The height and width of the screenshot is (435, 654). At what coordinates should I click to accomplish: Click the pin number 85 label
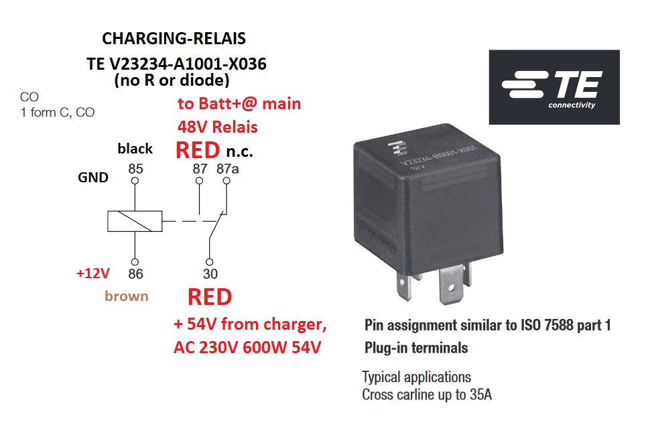tap(135, 168)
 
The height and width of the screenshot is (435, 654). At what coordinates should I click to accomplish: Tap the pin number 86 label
tap(135, 273)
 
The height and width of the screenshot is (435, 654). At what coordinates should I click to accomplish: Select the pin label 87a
tap(227, 168)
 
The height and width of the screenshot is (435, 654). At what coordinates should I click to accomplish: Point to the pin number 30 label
tap(210, 273)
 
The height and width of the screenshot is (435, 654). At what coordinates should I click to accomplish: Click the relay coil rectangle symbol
tap(135, 221)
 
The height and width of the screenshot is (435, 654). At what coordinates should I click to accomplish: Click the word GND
tap(93, 178)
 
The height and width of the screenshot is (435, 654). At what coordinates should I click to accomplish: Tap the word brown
tap(127, 296)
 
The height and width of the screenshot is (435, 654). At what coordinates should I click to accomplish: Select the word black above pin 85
tap(135, 148)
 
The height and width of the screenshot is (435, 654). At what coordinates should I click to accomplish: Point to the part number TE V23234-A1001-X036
tap(176, 64)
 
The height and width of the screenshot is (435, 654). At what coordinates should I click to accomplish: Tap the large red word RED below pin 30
tap(210, 297)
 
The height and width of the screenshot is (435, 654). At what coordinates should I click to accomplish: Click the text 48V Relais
tap(218, 126)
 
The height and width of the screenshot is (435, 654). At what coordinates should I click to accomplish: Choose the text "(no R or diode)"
tap(172, 81)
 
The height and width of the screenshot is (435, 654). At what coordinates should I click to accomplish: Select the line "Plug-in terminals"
tap(416, 348)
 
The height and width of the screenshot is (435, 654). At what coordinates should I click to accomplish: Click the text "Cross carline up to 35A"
tap(427, 394)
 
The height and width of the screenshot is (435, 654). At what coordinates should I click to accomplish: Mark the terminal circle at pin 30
tap(210, 261)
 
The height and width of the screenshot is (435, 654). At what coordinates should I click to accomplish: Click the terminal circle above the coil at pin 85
tap(135, 180)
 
